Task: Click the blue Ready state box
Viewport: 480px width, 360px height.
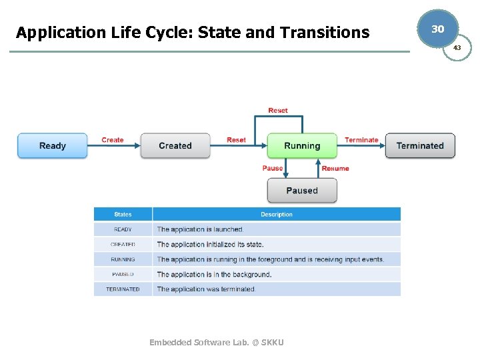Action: point(52,145)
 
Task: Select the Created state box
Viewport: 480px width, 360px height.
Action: point(175,145)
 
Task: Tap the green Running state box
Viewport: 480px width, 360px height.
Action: point(302,145)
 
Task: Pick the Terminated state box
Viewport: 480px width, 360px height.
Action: point(420,145)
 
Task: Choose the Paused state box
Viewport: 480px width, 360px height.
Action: point(302,191)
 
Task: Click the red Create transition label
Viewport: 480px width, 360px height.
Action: point(113,140)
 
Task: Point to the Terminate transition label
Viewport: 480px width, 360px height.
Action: point(361,140)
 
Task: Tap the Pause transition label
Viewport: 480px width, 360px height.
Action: point(272,168)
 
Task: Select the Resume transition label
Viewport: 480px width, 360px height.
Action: point(335,169)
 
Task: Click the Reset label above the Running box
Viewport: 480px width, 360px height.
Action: point(278,110)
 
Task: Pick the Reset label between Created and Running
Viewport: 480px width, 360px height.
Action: point(236,140)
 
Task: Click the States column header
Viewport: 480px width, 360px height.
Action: point(123,215)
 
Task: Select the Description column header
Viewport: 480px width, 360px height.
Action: point(277,215)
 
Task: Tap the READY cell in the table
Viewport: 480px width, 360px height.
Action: point(123,229)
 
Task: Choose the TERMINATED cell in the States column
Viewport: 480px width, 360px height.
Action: point(123,289)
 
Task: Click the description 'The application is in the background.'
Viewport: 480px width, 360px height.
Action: point(214,274)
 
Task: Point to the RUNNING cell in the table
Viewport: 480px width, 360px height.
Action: point(123,259)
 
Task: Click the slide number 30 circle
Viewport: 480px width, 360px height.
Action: point(437,29)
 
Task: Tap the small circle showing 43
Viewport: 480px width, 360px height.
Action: point(457,47)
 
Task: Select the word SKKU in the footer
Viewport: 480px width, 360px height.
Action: point(272,342)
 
